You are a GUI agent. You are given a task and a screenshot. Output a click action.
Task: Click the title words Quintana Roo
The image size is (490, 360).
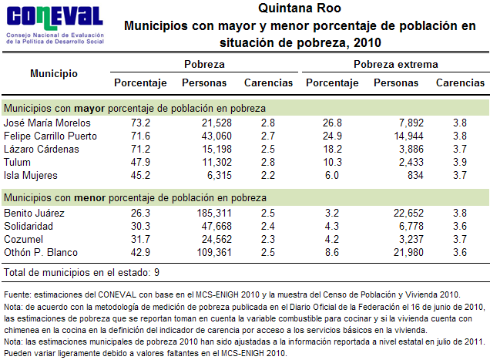[x=300, y=8]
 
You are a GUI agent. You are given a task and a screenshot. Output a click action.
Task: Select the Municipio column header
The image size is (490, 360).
[x=54, y=74]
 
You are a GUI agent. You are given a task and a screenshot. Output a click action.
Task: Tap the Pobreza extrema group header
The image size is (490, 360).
[x=395, y=64]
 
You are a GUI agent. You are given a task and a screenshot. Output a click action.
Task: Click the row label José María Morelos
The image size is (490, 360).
[x=48, y=123]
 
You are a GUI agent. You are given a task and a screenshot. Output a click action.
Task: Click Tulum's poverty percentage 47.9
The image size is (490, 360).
[x=141, y=162]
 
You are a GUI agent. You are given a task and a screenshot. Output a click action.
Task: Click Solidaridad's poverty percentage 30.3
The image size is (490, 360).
[x=141, y=226]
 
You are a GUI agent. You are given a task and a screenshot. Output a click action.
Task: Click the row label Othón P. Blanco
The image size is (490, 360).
[x=42, y=252]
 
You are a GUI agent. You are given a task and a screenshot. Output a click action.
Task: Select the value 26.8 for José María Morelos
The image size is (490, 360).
[x=332, y=123]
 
